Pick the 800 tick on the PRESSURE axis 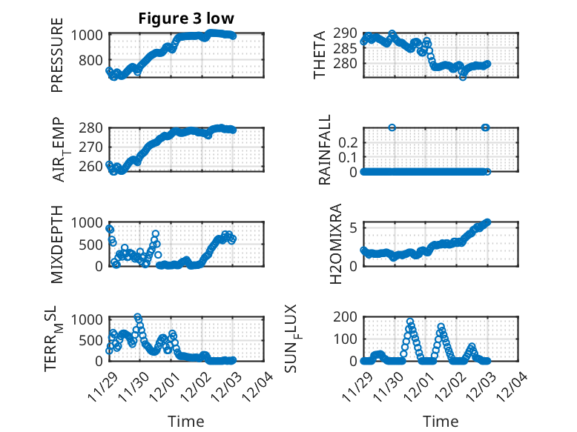[x=93, y=60]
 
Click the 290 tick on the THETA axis [x=347, y=33]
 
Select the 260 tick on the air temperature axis [x=93, y=166]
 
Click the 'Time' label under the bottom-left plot [x=186, y=421]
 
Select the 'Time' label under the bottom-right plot [x=441, y=421]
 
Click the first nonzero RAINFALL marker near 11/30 [x=392, y=127]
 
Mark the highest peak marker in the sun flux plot [x=409, y=322]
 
